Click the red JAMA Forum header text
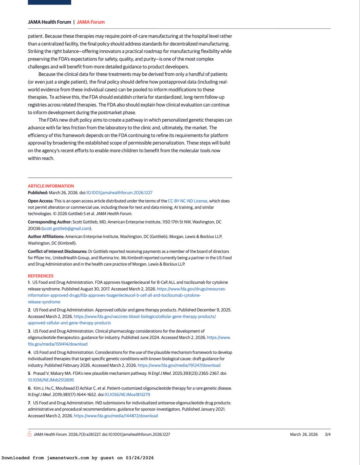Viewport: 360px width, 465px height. click(x=91, y=22)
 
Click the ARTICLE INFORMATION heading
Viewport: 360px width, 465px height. click(x=51, y=186)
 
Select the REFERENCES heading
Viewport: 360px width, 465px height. click(x=41, y=276)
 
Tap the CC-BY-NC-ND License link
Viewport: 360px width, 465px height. click(x=188, y=201)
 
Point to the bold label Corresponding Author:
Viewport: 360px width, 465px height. click(x=50, y=222)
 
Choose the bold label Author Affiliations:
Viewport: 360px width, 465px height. click(x=46, y=236)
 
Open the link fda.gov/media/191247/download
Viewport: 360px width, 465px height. click(x=179, y=365)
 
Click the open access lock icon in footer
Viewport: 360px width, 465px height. click(x=29, y=434)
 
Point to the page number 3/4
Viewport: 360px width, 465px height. click(x=327, y=434)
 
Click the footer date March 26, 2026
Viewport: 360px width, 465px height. click(x=304, y=434)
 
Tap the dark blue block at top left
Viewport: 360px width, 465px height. click(x=49, y=2)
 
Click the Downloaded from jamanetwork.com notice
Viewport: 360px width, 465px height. click(x=77, y=458)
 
